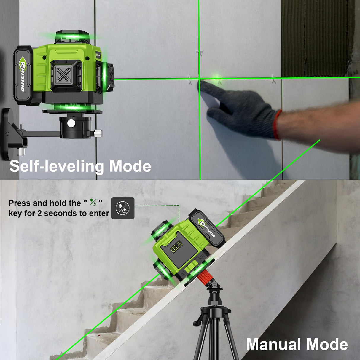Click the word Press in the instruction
click(20, 203)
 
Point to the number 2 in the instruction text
click(39, 213)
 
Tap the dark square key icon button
click(123, 208)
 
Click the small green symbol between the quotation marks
click(93, 203)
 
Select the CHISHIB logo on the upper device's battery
click(23, 76)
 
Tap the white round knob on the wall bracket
click(71, 123)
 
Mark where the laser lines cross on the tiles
click(199, 79)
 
